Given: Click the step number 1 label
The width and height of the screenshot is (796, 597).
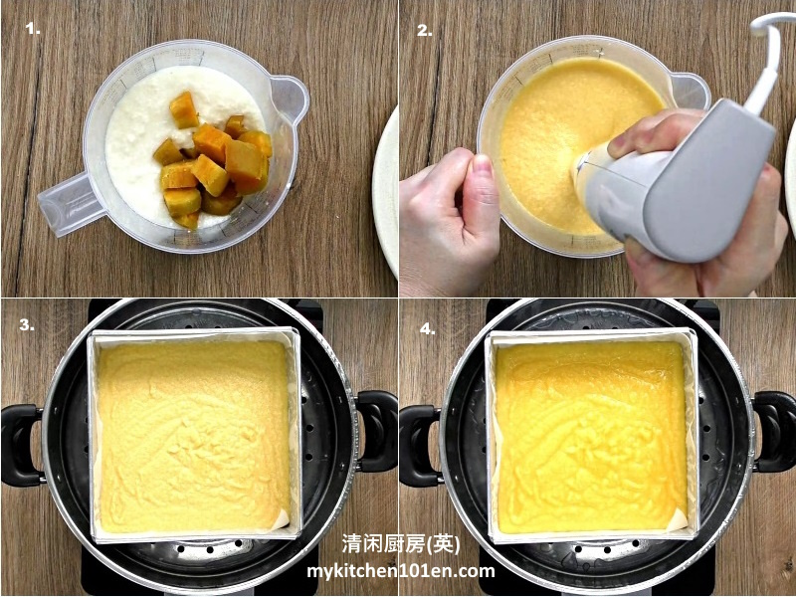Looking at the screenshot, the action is click(33, 30).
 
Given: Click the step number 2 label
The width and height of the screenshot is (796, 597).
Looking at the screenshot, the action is click(425, 31).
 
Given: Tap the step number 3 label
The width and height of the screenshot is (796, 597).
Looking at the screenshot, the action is click(27, 325).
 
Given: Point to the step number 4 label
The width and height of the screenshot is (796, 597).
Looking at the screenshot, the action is click(428, 329).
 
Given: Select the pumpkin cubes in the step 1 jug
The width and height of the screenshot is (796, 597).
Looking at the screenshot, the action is click(213, 161).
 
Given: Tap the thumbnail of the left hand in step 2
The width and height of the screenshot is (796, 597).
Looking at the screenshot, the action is click(482, 165).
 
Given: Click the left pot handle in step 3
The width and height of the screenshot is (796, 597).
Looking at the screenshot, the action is click(20, 445).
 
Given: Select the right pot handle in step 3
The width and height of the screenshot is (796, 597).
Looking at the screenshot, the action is click(377, 431).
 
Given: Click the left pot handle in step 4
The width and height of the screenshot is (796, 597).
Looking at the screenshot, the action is click(419, 445).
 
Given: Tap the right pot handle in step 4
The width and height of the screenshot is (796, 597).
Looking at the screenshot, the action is click(774, 432).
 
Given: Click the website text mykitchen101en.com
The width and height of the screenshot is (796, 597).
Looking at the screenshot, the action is click(401, 571).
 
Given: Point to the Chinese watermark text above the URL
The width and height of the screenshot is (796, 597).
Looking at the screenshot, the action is click(401, 544).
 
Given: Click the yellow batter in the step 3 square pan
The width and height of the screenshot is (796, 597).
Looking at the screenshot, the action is click(194, 437).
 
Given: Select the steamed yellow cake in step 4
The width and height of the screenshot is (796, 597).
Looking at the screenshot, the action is click(591, 437).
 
